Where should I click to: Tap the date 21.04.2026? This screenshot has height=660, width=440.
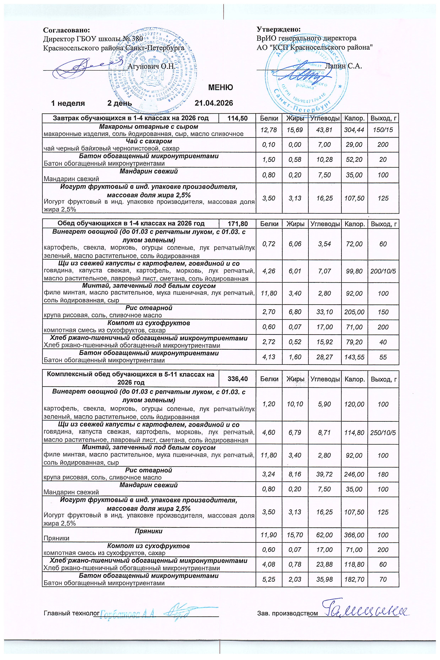[x=214, y=103]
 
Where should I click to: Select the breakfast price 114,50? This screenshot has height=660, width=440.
[x=237, y=118]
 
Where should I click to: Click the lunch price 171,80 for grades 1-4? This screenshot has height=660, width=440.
[x=237, y=224]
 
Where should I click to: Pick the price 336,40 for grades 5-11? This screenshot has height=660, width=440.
[x=237, y=379]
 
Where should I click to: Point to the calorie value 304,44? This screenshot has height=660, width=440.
[x=354, y=130]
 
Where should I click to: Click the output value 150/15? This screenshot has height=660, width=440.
[x=383, y=130]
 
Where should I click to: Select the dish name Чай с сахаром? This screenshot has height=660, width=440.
[x=149, y=141]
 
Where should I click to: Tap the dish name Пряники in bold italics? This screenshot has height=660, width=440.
[x=149, y=531]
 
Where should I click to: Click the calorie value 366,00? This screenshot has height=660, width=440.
[x=354, y=535]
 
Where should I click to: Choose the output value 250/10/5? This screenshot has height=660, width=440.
[x=383, y=433]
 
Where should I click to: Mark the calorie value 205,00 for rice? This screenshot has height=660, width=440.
[x=354, y=312]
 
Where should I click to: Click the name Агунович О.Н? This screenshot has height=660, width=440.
[x=152, y=66]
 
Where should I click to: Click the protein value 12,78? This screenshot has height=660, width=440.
[x=269, y=130]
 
